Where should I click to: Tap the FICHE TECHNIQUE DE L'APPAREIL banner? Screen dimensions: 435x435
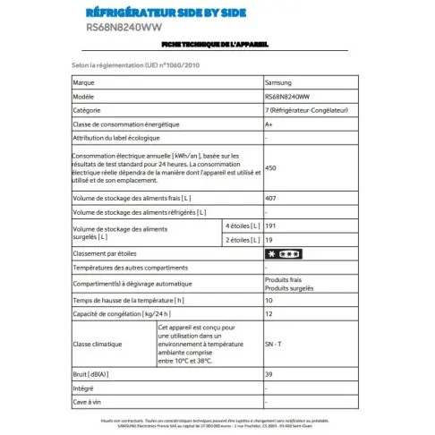tap(217, 44)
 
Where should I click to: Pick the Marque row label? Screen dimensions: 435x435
tap(84, 81)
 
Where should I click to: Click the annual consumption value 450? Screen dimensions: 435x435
tap(271, 167)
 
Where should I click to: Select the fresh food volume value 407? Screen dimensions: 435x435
tap(271, 197)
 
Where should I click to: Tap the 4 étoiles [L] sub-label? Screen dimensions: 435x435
tap(239, 226)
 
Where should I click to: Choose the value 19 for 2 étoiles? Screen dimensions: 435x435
tap(269, 240)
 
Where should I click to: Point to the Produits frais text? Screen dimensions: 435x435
tap(284, 280)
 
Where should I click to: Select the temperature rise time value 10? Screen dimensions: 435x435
tap(269, 300)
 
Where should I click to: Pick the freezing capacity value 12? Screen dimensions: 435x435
tap(269, 314)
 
